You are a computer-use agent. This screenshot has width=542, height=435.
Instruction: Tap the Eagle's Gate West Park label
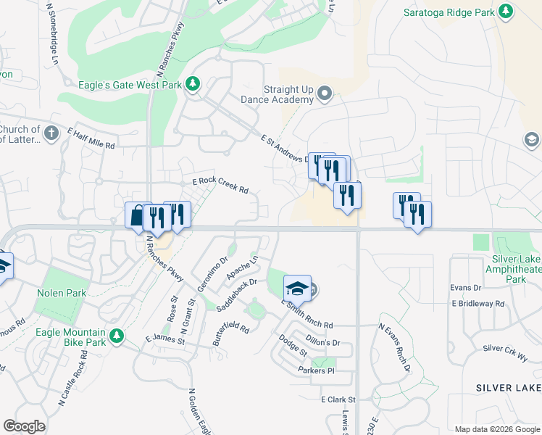[x=130, y=84]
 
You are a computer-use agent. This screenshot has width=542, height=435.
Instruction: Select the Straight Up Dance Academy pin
[x=325, y=93]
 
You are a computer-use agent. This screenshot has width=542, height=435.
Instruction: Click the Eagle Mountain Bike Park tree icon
[x=115, y=335]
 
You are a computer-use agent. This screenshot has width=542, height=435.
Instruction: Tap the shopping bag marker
[x=138, y=215]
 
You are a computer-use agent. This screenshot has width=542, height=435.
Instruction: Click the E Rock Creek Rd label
[x=220, y=186]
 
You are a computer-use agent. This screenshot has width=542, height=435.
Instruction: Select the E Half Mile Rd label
[x=91, y=138]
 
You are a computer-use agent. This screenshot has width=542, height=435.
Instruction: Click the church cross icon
[x=50, y=133]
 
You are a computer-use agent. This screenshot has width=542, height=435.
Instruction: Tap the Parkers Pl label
[x=315, y=370]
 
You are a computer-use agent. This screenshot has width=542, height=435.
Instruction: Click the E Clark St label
[x=339, y=399]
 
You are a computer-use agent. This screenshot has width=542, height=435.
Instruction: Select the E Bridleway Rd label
[x=478, y=304]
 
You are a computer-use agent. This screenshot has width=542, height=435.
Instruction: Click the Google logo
[x=24, y=426]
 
